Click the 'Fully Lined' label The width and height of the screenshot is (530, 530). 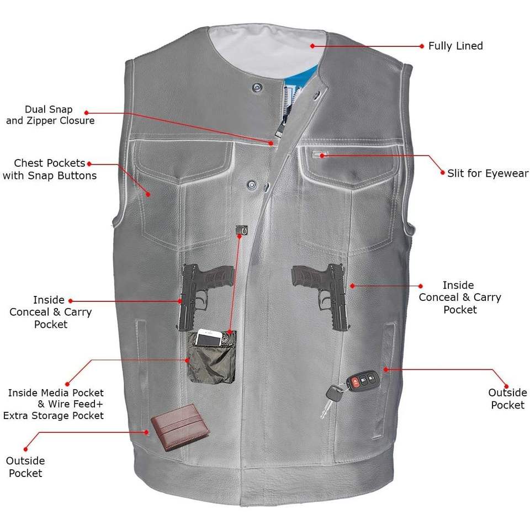coord(455,46)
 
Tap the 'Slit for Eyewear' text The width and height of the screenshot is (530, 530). coord(487,173)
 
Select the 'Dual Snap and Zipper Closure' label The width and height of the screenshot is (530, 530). coord(50,115)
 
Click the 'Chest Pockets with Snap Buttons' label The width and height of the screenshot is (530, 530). coord(50,169)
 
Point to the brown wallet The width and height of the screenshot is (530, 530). coord(180,426)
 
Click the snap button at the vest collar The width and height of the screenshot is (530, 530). coord(256,87)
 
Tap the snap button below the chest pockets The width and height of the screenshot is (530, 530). coord(252,182)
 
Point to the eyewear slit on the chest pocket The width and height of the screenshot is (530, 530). coord(318,155)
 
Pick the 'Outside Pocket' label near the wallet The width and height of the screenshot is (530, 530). coord(25,467)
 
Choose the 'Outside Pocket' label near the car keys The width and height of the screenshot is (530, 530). coord(507,399)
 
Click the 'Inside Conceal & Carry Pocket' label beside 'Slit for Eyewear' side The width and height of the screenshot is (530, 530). coord(459,297)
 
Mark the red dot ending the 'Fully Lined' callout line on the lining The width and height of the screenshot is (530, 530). coord(312,46)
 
